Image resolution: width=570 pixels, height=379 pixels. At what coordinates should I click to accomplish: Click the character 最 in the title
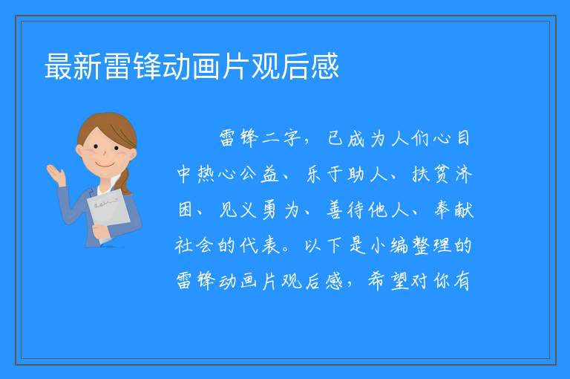point(59,66)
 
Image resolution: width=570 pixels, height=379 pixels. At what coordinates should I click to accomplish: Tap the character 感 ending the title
point(324,66)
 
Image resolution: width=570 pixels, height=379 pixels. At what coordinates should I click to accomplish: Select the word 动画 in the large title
point(191,66)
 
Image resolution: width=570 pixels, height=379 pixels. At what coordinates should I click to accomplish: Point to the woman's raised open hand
point(56,175)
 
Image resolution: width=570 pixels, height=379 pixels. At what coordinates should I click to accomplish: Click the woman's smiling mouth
point(105,165)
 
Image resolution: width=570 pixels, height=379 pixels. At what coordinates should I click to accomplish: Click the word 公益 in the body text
point(258,174)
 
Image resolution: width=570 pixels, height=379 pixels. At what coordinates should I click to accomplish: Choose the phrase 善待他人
point(367,210)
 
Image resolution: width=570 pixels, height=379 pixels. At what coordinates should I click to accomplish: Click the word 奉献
point(454,210)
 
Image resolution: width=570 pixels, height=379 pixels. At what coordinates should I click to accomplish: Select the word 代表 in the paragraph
point(259,245)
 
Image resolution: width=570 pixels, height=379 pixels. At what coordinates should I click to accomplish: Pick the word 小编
point(390,245)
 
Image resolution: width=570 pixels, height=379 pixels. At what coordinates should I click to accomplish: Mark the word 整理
point(432,245)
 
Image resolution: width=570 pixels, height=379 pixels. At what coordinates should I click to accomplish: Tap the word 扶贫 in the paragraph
point(432,174)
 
